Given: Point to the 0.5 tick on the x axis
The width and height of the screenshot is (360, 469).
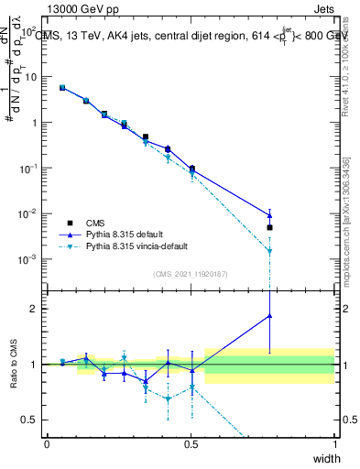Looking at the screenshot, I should [x=191, y=444].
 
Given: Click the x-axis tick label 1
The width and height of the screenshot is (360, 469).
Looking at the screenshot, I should [x=334, y=444].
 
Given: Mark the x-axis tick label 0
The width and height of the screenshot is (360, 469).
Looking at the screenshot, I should [x=47, y=444].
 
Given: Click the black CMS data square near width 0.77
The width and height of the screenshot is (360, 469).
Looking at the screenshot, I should [x=269, y=227].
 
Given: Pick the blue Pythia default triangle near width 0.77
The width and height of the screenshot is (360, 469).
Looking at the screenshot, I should [x=269, y=215].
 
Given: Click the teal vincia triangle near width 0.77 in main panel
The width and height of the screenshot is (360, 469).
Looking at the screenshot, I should [x=269, y=251].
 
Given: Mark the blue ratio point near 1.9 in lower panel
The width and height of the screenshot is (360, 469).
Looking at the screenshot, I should [x=269, y=316].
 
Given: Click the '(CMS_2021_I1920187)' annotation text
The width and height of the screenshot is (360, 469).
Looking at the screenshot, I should [x=191, y=274].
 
